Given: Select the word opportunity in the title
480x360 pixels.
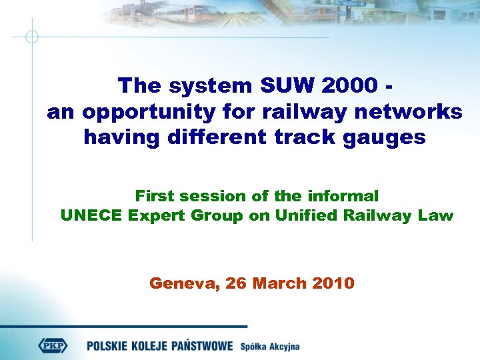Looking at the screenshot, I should point(147,112).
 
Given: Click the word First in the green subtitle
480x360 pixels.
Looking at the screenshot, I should point(154,196).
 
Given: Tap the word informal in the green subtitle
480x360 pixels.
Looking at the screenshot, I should point(343,196).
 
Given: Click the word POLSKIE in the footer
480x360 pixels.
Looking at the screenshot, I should point(112,345).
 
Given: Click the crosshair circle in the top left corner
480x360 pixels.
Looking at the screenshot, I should point(31,36).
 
